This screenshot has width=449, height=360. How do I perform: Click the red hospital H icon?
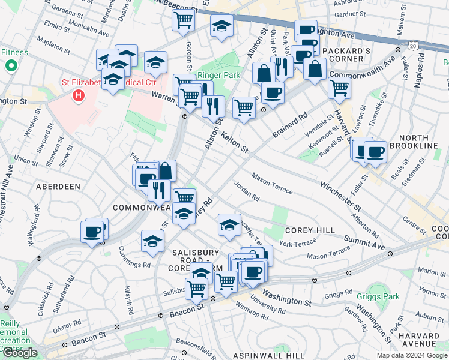click(78, 95)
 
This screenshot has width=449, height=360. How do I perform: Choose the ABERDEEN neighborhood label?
click(58, 187)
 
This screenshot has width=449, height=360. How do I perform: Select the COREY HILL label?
click(310, 230)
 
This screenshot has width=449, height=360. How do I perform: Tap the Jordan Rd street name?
click(247, 191)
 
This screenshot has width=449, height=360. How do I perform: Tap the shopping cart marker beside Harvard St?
click(340, 88)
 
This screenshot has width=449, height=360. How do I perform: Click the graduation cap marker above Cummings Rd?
click(153, 241)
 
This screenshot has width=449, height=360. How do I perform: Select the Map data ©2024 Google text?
click(412, 355)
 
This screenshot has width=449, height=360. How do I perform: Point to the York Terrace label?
click(297, 243)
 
